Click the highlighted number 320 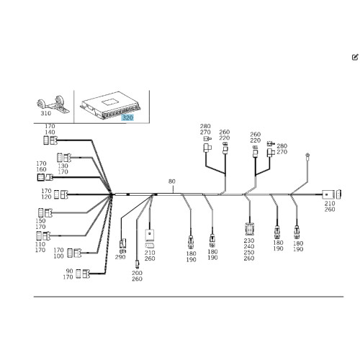pyautogui.click(x=127, y=117)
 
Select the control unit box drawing pyautogui.click(x=110, y=105)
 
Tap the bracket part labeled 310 pyautogui.click(x=53, y=104)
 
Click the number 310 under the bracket pyautogui.click(x=46, y=113)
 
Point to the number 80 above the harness pyautogui.click(x=172, y=181)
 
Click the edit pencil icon pyautogui.click(x=355, y=57)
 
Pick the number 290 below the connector pyautogui.click(x=120, y=257)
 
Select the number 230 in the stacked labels pyautogui.click(x=249, y=240)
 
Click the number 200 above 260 pyautogui.click(x=137, y=273)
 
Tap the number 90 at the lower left pyautogui.click(x=69, y=271)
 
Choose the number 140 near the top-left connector pyautogui.click(x=50, y=132)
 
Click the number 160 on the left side pyautogui.click(x=41, y=169)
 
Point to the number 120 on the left pyautogui.click(x=46, y=197)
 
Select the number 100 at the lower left pyautogui.click(x=58, y=256)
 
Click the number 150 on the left pyautogui.click(x=40, y=221)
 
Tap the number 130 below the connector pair pyautogui.click(x=63, y=166)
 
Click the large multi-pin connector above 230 pyautogui.click(x=250, y=229)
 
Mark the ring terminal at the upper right pyautogui.click(x=307, y=156)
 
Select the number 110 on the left pyautogui.click(x=40, y=244)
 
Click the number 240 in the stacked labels pyautogui.click(x=249, y=246)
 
